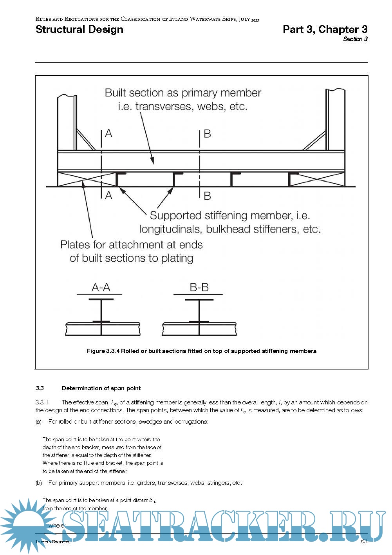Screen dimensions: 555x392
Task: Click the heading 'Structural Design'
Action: (79, 29)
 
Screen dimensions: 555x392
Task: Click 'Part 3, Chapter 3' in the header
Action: (325, 29)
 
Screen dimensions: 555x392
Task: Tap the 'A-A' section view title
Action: (101, 288)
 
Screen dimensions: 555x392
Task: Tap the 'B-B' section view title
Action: (199, 288)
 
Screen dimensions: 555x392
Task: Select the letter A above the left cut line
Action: (108, 134)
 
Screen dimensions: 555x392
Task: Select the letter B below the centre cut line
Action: (207, 195)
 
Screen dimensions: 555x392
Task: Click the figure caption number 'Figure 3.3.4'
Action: (103, 351)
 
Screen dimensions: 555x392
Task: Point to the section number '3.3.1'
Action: (42, 402)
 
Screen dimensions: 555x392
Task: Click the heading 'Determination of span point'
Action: (101, 388)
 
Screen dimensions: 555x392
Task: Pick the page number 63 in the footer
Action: (364, 541)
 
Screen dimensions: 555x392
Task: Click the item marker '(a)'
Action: (38, 422)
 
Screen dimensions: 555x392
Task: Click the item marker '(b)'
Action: (38, 483)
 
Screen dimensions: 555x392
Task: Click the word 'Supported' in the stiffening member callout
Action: (175, 216)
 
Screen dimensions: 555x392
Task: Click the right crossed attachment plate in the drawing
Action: (316, 179)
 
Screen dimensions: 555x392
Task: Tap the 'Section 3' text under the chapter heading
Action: (355, 39)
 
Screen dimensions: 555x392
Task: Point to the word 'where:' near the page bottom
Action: (57, 526)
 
